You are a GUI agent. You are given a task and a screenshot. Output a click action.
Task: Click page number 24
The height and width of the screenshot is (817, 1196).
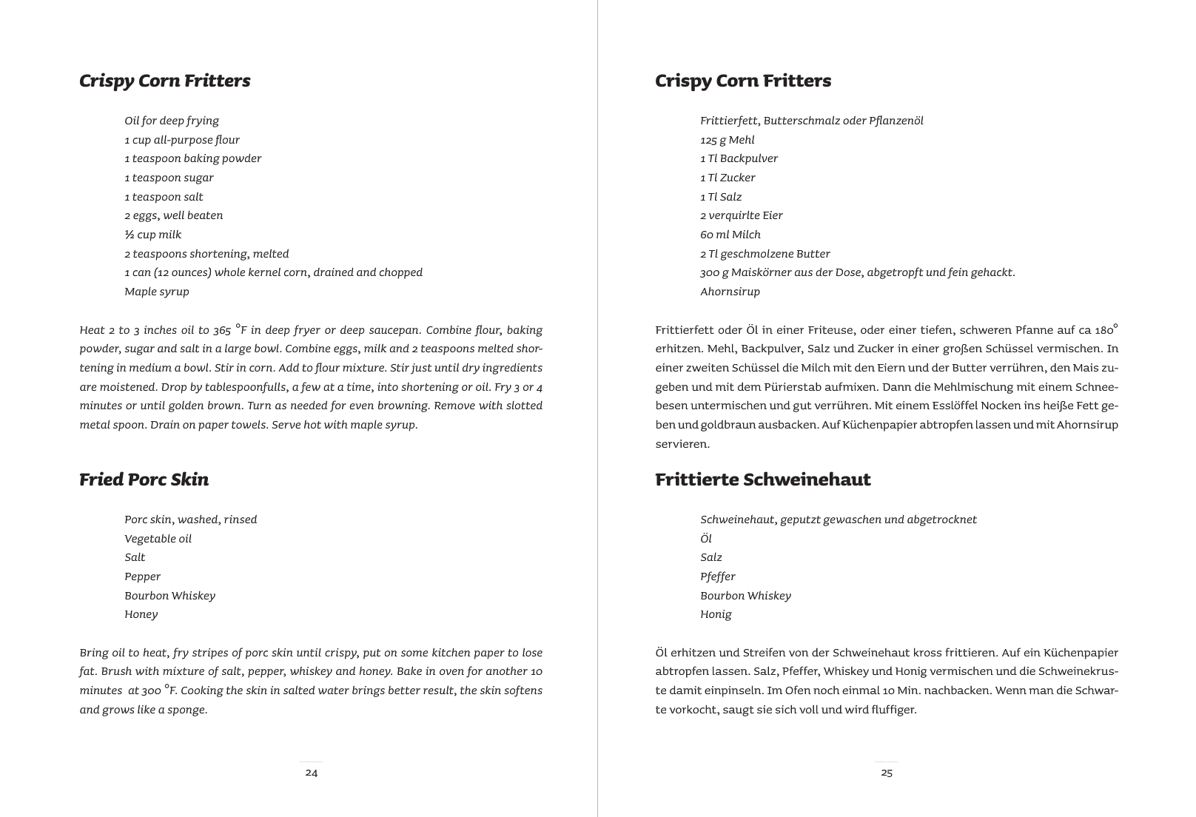coord(312,773)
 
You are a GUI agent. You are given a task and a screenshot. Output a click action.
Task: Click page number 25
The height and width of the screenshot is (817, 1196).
coord(887,773)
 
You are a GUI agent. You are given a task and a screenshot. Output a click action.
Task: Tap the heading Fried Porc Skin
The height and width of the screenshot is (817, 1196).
coord(144,480)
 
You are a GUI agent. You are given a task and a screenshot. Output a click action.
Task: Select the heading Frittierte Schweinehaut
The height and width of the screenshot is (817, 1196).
coord(763,480)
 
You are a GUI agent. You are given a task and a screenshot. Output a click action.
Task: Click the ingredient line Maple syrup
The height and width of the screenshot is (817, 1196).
coord(157,292)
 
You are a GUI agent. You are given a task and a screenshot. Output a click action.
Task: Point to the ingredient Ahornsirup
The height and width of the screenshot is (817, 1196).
coord(730,292)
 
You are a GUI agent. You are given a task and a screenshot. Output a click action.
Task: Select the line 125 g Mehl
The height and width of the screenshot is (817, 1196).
coord(728,140)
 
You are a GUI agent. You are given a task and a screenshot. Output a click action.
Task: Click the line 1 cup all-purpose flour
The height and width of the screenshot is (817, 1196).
coord(182,140)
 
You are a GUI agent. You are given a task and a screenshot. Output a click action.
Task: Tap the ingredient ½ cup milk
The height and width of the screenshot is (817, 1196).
coord(153,235)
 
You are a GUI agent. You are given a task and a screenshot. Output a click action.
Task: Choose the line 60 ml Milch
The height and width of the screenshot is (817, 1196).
coord(730,235)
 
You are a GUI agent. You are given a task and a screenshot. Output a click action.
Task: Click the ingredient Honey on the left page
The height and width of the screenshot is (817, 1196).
coord(141,614)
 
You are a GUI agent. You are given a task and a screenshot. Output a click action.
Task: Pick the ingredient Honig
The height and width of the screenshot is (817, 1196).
coord(716,614)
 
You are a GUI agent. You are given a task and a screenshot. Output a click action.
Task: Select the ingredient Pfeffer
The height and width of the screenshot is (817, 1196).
coord(718,576)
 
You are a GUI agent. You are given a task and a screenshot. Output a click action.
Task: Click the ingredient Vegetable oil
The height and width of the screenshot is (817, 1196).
coord(158,539)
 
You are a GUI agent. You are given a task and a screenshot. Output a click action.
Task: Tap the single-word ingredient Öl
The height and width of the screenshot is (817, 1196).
coord(706,539)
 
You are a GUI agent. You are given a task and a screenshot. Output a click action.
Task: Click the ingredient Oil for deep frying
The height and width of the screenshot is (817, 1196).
coord(172,121)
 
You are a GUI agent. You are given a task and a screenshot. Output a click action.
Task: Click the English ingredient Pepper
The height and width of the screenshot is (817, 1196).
coord(143,576)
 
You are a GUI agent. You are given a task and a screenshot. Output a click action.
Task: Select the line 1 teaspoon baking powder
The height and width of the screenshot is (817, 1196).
coord(193,158)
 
